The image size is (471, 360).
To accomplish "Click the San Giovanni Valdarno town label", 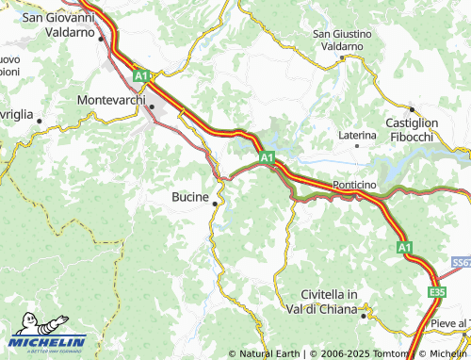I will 57,24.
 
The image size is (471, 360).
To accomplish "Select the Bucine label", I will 191,197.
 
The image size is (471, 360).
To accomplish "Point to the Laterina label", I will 357,136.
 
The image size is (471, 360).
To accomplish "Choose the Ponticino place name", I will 355,186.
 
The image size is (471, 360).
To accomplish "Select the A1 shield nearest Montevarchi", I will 140,74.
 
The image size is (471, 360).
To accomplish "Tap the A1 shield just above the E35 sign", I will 404,247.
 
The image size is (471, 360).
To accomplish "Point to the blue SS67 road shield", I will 461,261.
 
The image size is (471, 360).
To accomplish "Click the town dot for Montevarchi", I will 152,106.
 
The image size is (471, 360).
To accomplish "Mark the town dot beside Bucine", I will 217,203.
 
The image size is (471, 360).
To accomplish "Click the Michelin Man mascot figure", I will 24,325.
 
